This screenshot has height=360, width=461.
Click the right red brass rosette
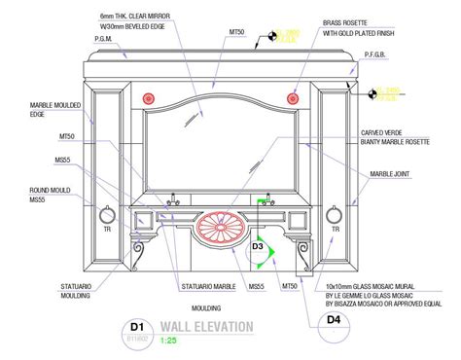293,97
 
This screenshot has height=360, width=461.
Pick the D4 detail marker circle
335,317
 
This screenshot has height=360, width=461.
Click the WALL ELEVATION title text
207,326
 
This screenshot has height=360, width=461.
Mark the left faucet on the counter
175,199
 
